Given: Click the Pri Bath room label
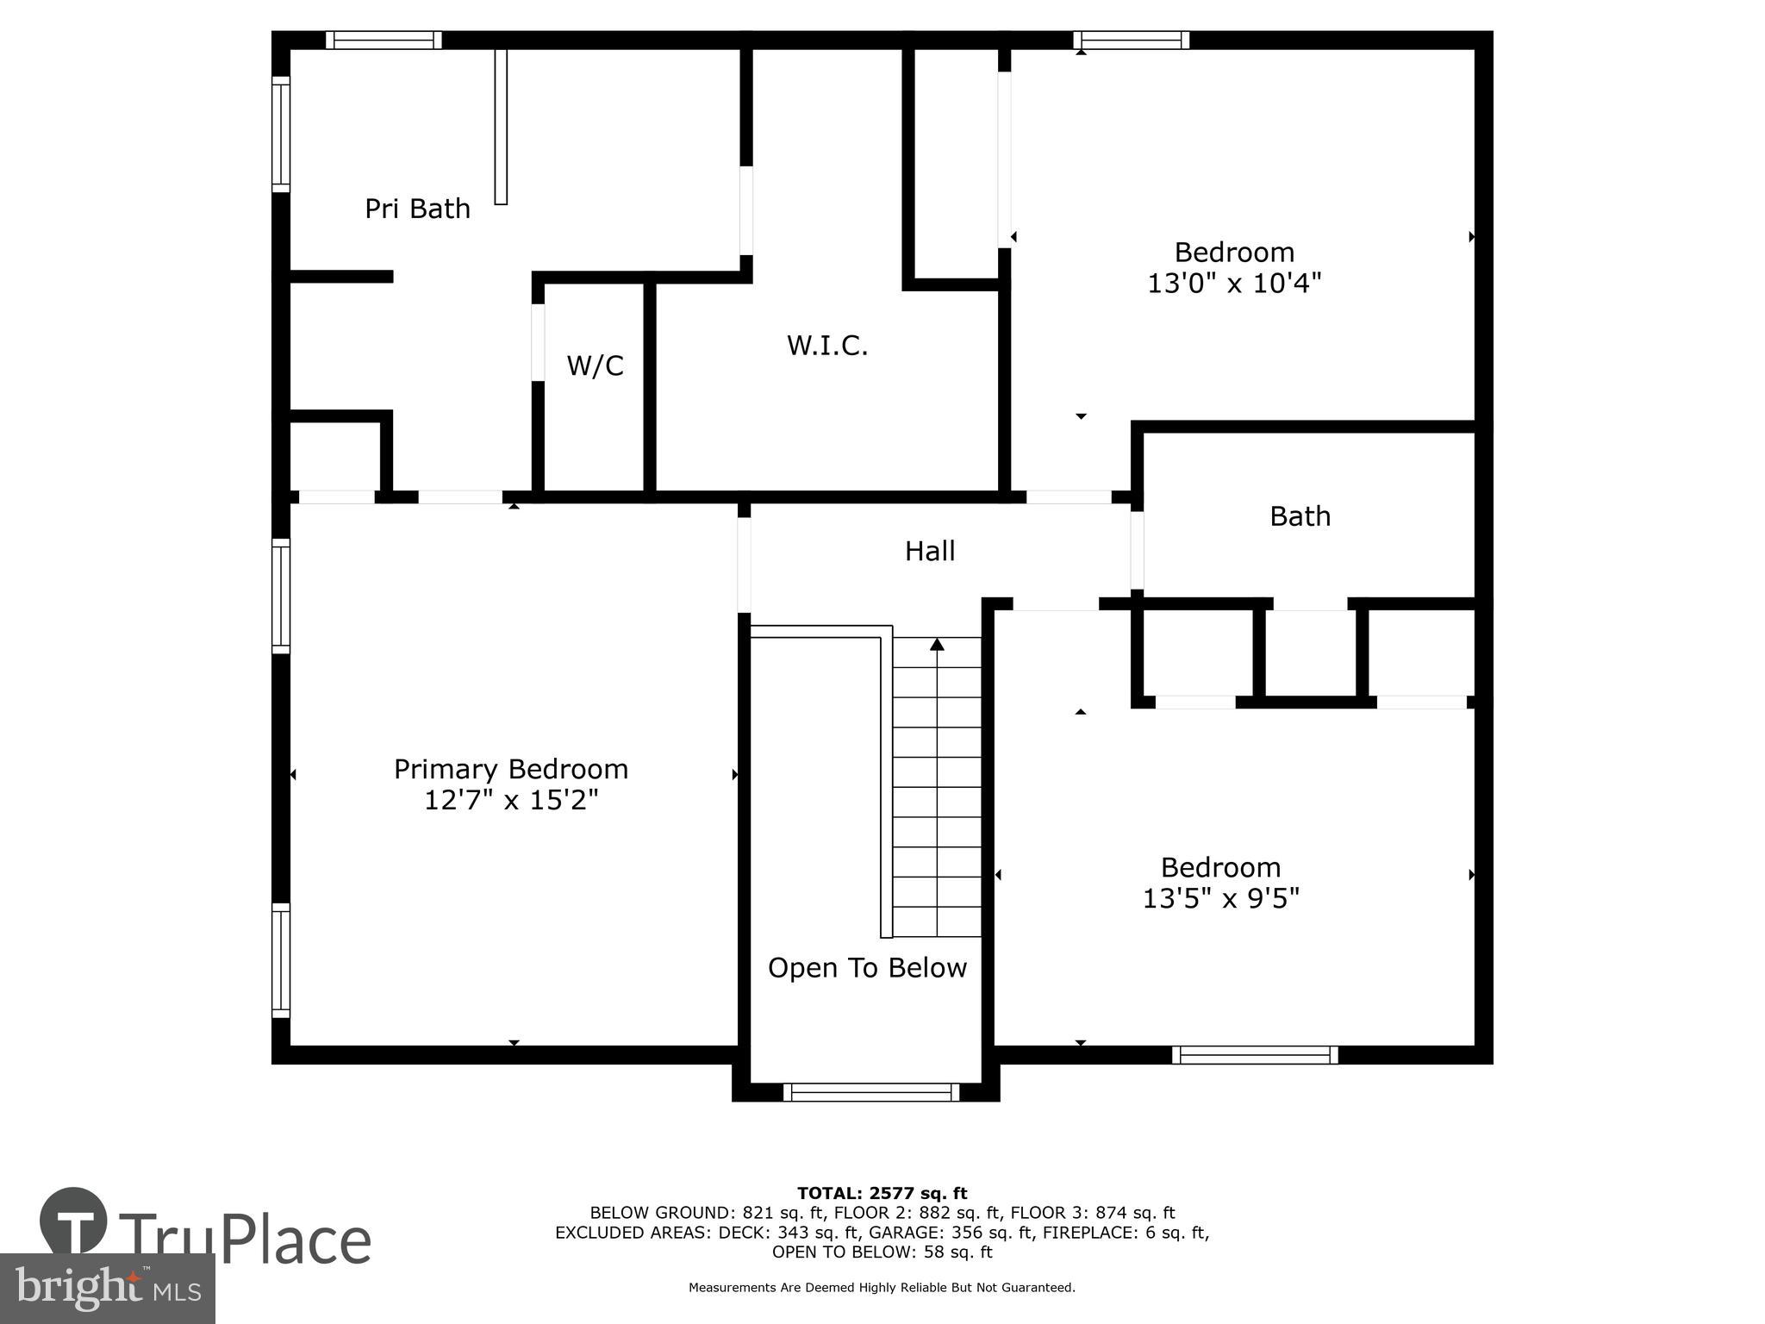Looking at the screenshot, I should pyautogui.click(x=417, y=209).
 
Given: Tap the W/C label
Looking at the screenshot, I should pyautogui.click(x=595, y=365).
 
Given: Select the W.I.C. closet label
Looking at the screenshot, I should pyautogui.click(x=826, y=346).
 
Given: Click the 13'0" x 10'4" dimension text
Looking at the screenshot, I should pyautogui.click(x=1233, y=283).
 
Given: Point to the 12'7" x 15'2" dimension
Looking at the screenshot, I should pyautogui.click(x=510, y=801).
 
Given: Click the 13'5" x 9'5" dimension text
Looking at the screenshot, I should pyautogui.click(x=1220, y=899).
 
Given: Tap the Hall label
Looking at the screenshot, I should pyautogui.click(x=929, y=551).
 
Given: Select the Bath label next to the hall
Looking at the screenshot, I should pyautogui.click(x=1300, y=516).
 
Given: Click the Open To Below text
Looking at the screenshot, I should pyautogui.click(x=867, y=968).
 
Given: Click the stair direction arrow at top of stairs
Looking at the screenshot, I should pyautogui.click(x=937, y=644).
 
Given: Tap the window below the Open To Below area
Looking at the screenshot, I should pyautogui.click(x=870, y=1092).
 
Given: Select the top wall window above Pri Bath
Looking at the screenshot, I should pyautogui.click(x=384, y=40).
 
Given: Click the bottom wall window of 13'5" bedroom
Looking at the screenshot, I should pyautogui.click(x=1254, y=1054).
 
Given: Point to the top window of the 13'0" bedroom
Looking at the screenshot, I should pyautogui.click(x=1131, y=40).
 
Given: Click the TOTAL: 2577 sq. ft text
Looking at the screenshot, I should pyautogui.click(x=882, y=1193).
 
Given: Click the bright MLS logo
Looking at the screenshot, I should pyautogui.click(x=107, y=1288).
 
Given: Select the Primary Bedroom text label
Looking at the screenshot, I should pyautogui.click(x=510, y=769).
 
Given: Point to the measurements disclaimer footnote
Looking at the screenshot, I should pyautogui.click(x=882, y=1288).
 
